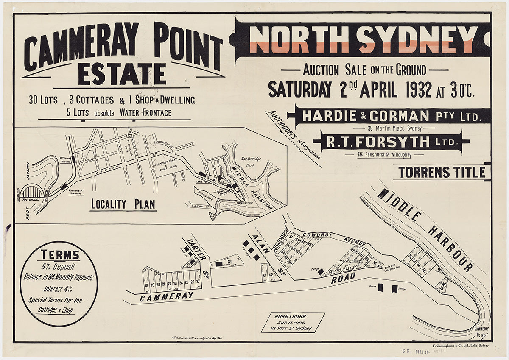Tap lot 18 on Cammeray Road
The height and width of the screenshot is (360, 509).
coord(146,285)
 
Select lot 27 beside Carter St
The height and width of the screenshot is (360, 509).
coord(198,282)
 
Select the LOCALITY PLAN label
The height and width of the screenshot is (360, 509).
coord(123,204)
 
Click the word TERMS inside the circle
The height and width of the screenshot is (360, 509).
coord(60,255)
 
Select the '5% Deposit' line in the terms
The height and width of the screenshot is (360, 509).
coord(59,267)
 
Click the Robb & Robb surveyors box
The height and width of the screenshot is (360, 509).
coord(293,322)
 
